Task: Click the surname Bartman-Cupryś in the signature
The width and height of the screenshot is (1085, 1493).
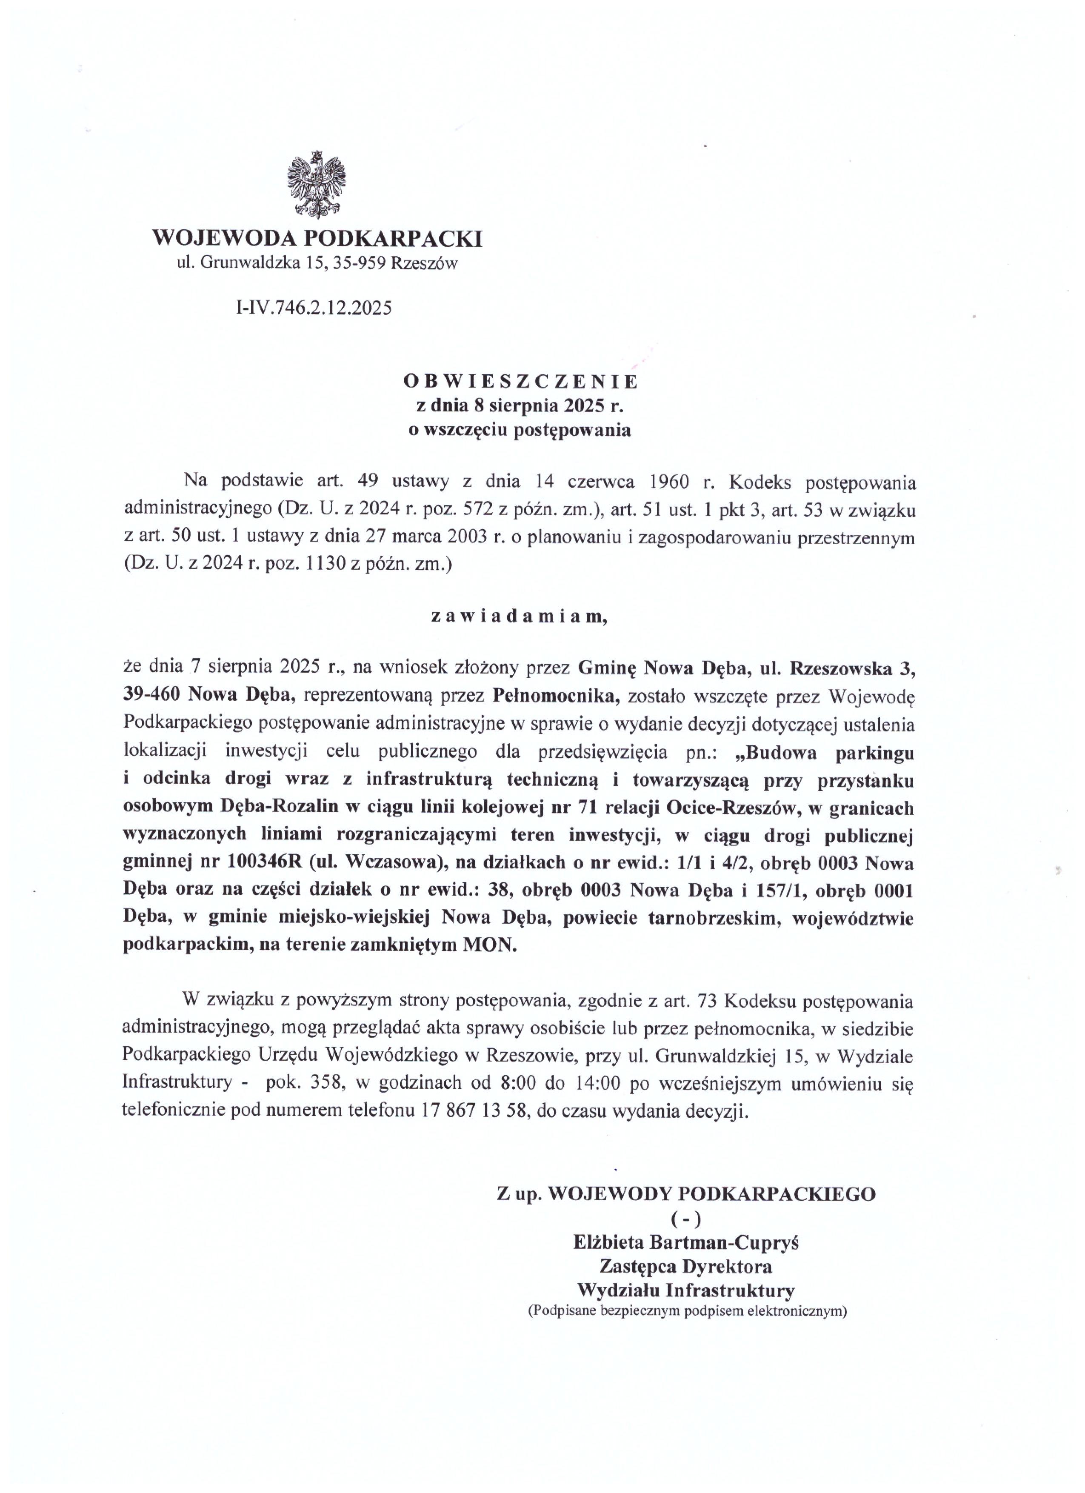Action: (724, 1242)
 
